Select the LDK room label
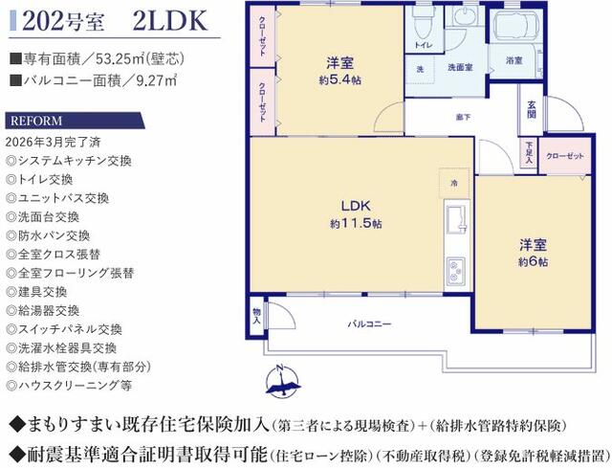click(x=356, y=206)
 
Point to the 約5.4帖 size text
click(x=339, y=80)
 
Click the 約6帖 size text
click(x=533, y=261)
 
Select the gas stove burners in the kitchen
click(x=455, y=270)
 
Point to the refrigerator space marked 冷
click(x=454, y=183)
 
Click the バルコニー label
click(x=369, y=323)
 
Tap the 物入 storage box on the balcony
click(x=256, y=316)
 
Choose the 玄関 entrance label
click(x=532, y=110)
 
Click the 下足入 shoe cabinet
click(x=529, y=152)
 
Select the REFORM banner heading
click(x=36, y=121)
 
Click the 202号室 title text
click(x=63, y=21)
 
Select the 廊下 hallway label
click(x=463, y=117)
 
